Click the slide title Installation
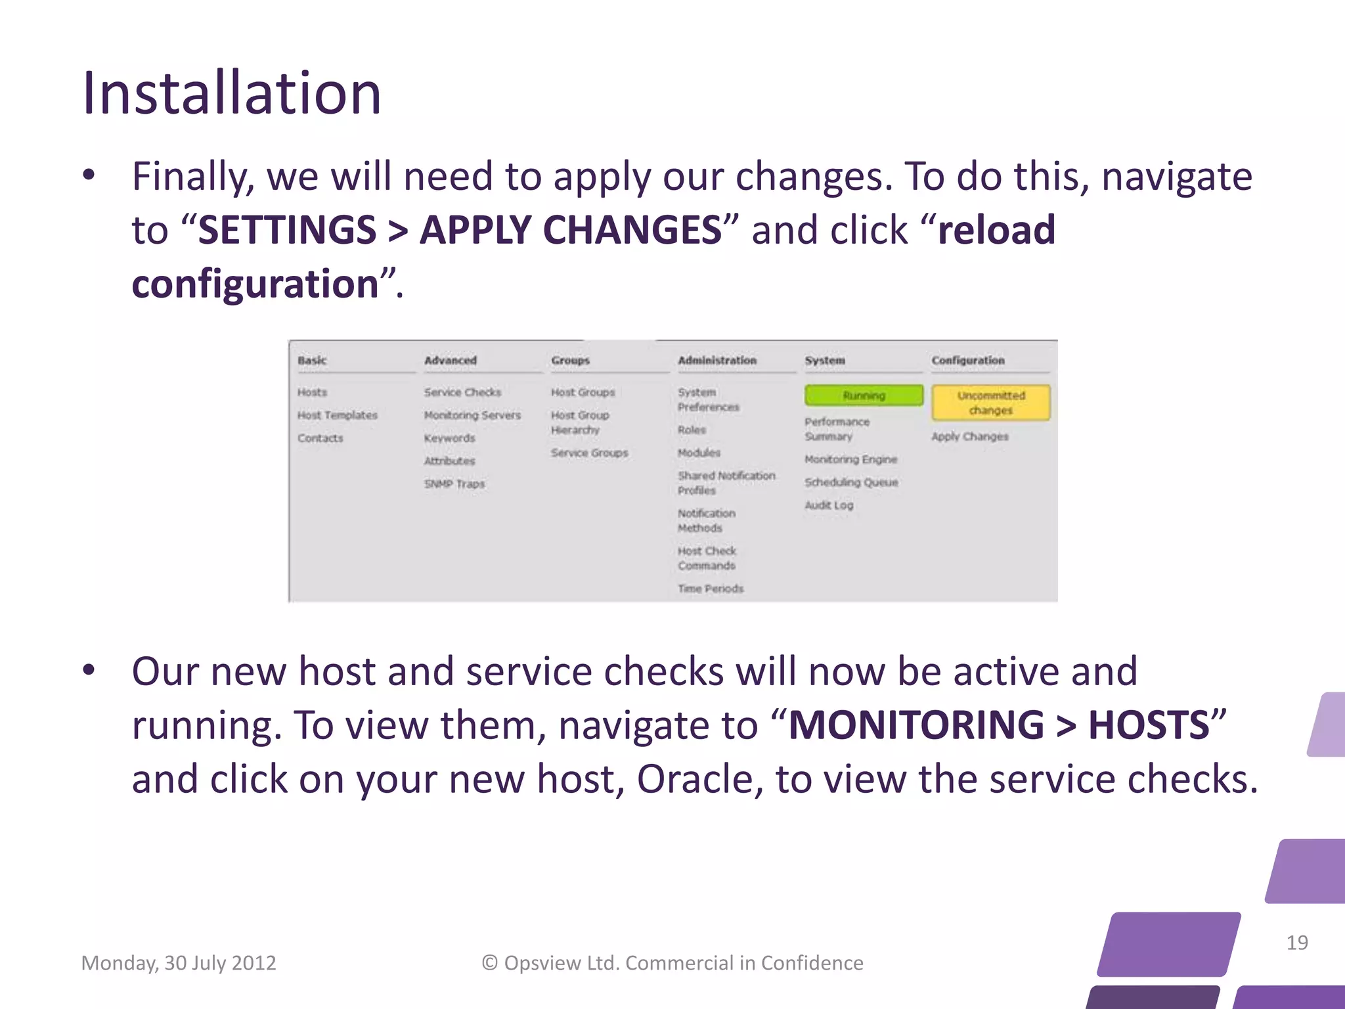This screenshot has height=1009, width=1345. [231, 93]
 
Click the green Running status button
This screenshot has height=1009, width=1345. [864, 395]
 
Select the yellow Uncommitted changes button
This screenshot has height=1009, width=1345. [990, 403]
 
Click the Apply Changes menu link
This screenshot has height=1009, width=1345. [969, 436]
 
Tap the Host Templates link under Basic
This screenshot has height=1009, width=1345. [337, 415]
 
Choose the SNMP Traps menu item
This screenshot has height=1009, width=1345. [454, 483]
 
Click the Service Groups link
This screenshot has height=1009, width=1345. [589, 453]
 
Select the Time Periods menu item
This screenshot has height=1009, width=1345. [710, 589]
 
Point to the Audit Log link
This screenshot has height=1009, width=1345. [829, 505]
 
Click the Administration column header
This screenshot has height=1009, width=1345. [717, 360]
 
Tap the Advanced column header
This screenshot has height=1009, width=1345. [450, 360]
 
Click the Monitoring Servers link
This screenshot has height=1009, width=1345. [472, 415]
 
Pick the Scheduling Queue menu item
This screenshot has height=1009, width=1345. [851, 482]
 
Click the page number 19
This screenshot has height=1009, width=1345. [1296, 943]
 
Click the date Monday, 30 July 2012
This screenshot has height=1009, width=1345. [178, 963]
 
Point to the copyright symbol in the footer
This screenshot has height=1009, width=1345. [489, 963]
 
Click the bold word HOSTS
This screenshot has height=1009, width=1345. [1149, 725]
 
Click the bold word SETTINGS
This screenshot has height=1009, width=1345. [287, 230]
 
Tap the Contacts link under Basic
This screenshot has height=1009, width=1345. [320, 438]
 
